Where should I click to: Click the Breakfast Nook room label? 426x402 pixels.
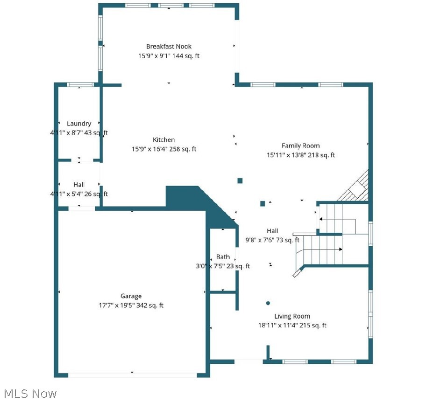click(x=169, y=46)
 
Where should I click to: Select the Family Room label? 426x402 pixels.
click(x=300, y=146)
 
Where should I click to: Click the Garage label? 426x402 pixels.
click(x=131, y=296)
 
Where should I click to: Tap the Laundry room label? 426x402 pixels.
click(x=79, y=124)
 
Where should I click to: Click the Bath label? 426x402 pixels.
click(x=223, y=257)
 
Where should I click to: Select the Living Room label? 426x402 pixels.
click(x=292, y=316)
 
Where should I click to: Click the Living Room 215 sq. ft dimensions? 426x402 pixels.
click(x=292, y=326)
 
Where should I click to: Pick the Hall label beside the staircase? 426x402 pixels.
click(x=272, y=231)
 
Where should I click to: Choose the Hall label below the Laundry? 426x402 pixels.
click(x=79, y=185)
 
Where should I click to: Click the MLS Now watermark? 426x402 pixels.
click(x=29, y=394)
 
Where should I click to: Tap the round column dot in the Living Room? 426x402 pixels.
click(x=268, y=303)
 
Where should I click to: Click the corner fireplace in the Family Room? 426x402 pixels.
click(x=356, y=187)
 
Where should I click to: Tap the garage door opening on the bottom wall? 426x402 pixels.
click(x=132, y=374)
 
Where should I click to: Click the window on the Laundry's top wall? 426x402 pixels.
click(x=78, y=84)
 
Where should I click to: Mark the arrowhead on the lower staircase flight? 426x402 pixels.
click(x=341, y=250)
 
